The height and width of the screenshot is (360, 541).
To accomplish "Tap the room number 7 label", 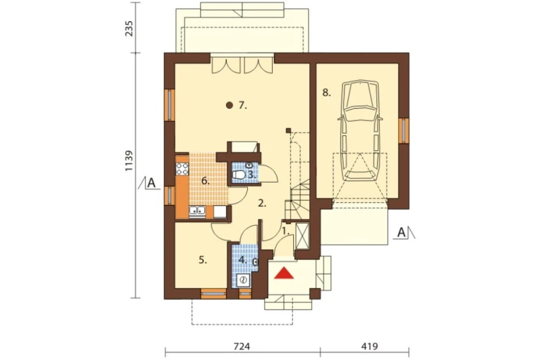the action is click(x=242, y=105).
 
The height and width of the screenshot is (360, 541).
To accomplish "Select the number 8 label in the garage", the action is click(x=326, y=93).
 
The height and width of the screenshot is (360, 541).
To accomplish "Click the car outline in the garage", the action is click(x=360, y=130).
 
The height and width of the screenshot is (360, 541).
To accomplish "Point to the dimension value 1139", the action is click(x=129, y=161).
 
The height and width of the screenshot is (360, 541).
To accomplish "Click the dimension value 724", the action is click(x=241, y=346).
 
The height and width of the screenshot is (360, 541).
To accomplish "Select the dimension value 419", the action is click(x=370, y=346).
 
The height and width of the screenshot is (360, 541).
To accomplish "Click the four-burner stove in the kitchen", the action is click(x=182, y=169).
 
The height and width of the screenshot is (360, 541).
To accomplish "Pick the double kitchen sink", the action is click(x=197, y=211).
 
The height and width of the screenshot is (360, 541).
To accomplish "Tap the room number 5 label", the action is click(x=203, y=261).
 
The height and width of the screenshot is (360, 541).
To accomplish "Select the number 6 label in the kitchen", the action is click(x=206, y=181).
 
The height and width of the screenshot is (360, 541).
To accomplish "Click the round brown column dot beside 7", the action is click(x=229, y=105).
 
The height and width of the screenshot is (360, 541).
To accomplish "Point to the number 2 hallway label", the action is click(x=262, y=203).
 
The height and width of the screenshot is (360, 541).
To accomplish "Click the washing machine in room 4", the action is click(x=244, y=279).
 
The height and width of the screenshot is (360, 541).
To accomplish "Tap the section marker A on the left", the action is click(x=151, y=183).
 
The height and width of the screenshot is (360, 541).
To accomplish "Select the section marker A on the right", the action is click(x=401, y=233).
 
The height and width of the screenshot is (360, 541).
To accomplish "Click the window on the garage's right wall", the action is click(x=404, y=130).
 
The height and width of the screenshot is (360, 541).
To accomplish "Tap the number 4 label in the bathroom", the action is click(x=243, y=259).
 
